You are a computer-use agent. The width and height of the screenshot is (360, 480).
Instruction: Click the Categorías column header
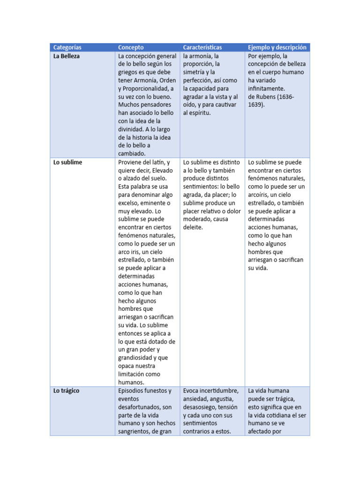point(67,47)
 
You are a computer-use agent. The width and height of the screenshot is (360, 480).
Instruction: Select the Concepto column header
point(131,47)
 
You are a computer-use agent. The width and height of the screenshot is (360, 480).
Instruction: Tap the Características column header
point(202,47)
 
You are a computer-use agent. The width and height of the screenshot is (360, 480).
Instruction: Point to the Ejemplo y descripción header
point(277,47)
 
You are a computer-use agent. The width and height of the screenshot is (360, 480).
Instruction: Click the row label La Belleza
point(67,56)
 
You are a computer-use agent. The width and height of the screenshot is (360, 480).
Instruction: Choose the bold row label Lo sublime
point(67,162)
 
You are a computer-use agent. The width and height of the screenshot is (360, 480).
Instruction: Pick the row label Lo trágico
point(66,390)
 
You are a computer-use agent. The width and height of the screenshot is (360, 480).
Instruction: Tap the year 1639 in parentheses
point(256,105)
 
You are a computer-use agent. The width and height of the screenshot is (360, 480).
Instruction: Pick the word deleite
point(193,227)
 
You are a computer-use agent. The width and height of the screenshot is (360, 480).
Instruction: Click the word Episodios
point(131,390)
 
